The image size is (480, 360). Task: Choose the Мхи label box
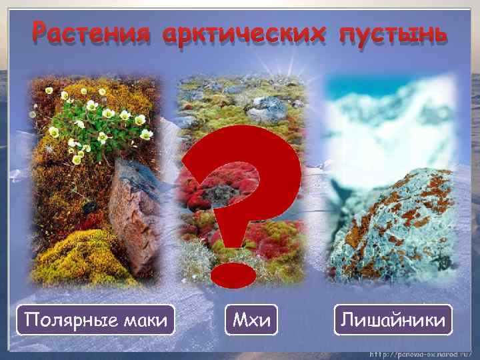251,321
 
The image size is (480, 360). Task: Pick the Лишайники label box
393,321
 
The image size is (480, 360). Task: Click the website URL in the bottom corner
421,351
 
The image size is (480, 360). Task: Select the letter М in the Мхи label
238,321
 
